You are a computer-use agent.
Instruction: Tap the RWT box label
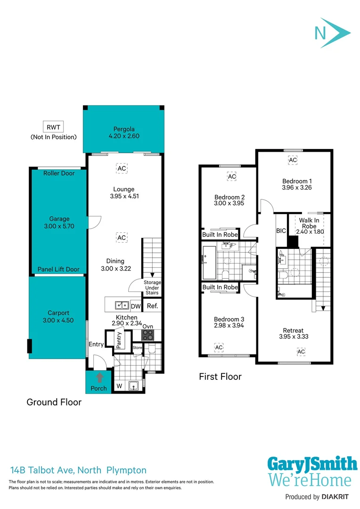[53, 127]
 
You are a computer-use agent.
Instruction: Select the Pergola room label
[123, 129]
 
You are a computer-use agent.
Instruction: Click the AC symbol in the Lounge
[122, 168]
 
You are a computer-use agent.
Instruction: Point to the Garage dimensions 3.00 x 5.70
[59, 226]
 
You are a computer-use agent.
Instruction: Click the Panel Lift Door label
[59, 269]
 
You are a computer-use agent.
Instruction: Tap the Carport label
[58, 313]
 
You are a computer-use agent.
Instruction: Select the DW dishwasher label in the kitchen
[136, 306]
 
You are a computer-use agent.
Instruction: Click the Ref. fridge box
[152, 306]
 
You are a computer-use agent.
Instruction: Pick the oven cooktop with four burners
[148, 335]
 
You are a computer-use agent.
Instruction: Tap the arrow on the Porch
[99, 378]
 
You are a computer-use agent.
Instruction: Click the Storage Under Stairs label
[152, 287]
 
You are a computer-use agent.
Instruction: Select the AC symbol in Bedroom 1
[293, 160]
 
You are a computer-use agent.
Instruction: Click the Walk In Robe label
[309, 223]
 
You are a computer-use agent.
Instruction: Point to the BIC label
[281, 230]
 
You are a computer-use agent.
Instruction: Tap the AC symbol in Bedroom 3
[219, 347]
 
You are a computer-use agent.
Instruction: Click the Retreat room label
[293, 330]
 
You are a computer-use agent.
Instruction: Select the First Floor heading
[220, 377]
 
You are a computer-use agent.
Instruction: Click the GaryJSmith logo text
[312, 464]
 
